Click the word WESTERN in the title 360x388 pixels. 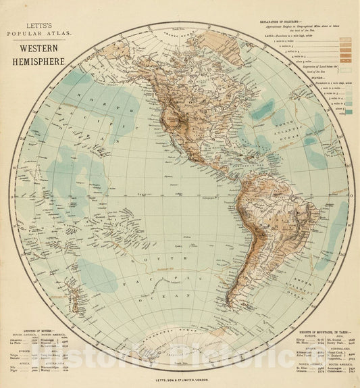[37, 49]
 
